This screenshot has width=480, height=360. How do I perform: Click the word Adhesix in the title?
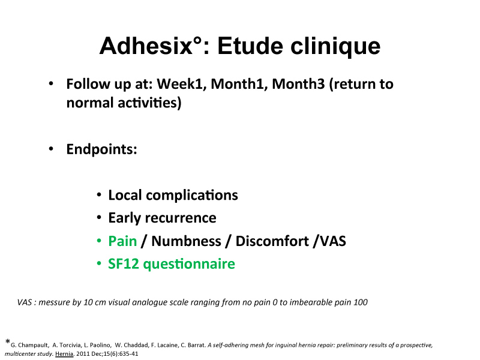click(x=146, y=46)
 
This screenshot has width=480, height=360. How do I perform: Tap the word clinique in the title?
click(x=335, y=47)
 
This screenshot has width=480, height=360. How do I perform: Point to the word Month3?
click(x=298, y=84)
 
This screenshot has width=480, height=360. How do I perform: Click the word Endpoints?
click(x=101, y=149)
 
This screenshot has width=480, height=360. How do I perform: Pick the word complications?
click(x=192, y=196)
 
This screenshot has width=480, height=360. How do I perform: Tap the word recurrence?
click(x=181, y=218)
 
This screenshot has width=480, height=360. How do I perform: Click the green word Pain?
click(x=122, y=241)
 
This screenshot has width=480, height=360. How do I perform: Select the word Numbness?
click(x=186, y=241)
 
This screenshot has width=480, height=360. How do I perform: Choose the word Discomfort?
click(x=272, y=241)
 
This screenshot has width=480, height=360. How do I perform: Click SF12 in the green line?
click(x=124, y=264)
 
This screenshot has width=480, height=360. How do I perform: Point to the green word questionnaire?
click(x=189, y=264)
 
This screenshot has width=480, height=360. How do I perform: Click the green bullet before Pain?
click(x=99, y=241)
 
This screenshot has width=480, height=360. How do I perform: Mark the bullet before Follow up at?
click(x=51, y=83)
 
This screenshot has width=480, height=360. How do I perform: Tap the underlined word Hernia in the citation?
click(x=64, y=354)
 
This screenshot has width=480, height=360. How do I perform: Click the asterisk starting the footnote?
click(x=8, y=341)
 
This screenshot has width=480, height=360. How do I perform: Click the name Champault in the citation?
click(x=34, y=346)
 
